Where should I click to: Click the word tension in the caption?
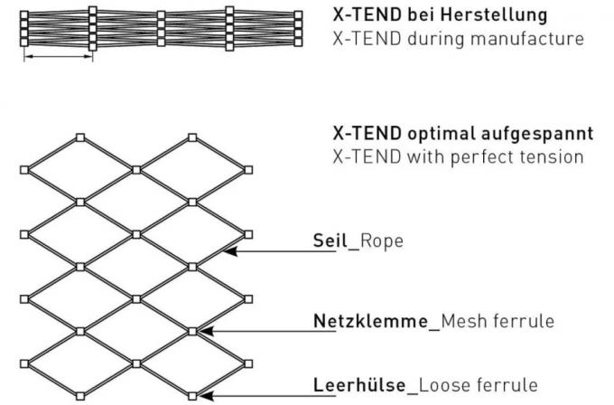pyautogui.click(x=546, y=156)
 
